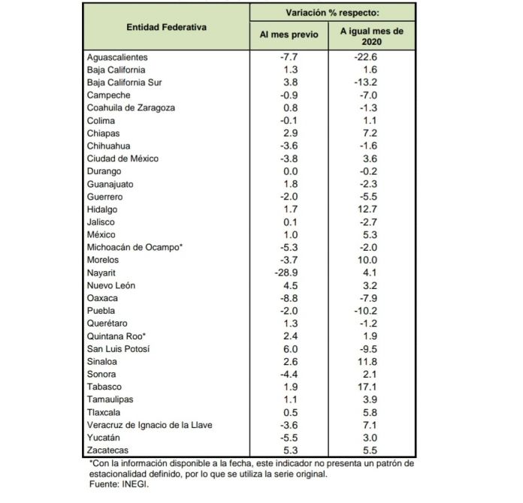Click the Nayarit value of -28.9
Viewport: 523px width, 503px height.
[x=289, y=272]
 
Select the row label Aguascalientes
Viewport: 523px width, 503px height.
[x=117, y=57]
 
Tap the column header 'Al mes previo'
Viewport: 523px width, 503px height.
[x=289, y=35]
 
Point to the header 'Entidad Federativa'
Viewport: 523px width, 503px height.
[x=167, y=26]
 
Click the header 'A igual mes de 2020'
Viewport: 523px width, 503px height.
[x=372, y=35]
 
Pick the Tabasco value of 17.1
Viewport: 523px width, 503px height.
[x=372, y=386]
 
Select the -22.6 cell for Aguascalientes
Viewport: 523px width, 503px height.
[x=372, y=57]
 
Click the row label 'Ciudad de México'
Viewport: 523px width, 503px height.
[x=122, y=158]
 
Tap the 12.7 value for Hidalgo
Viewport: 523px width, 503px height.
[x=372, y=209]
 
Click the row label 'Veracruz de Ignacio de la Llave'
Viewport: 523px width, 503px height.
[x=150, y=423]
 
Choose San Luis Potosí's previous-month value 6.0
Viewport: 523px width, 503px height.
[x=289, y=348]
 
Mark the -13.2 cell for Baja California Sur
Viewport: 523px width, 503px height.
[x=372, y=83]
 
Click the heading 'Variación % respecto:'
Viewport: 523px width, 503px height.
[x=332, y=13]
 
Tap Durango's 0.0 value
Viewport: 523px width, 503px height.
[x=289, y=171]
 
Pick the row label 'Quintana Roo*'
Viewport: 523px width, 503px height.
[x=116, y=335]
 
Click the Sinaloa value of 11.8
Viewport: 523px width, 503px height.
[x=372, y=360]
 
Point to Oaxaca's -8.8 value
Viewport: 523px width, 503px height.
[x=289, y=297]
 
